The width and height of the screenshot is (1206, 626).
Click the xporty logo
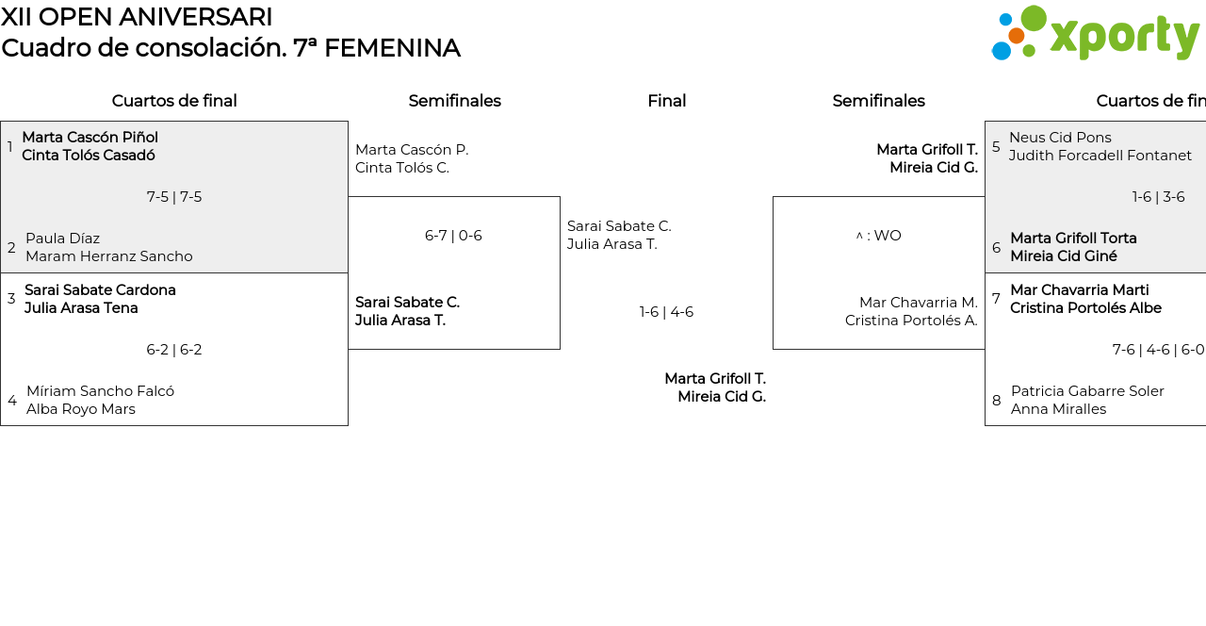click(1096, 33)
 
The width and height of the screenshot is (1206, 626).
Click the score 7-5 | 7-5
click(174, 197)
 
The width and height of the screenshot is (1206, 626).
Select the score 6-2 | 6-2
click(174, 350)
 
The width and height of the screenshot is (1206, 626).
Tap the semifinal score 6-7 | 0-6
click(453, 236)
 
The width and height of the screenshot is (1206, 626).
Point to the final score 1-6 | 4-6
click(666, 312)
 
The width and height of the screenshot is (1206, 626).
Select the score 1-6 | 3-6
click(1158, 197)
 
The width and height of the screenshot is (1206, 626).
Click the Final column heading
click(666, 101)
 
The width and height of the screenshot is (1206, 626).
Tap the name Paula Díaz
click(62, 239)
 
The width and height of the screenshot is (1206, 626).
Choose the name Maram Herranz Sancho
click(108, 256)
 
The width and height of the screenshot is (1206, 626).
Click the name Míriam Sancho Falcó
click(100, 391)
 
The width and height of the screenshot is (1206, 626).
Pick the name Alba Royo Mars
click(81, 409)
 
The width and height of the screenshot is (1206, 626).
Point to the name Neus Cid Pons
click(1060, 138)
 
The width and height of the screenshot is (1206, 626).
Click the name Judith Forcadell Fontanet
click(1100, 156)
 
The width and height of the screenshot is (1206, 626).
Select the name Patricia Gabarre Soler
click(1087, 391)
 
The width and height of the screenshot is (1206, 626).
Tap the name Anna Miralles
click(1058, 409)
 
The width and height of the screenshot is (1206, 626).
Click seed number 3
click(11, 299)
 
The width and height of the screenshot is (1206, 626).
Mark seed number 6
click(997, 248)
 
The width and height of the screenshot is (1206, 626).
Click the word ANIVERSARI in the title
click(195, 17)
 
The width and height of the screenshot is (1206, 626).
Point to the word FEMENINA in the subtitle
click(392, 48)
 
